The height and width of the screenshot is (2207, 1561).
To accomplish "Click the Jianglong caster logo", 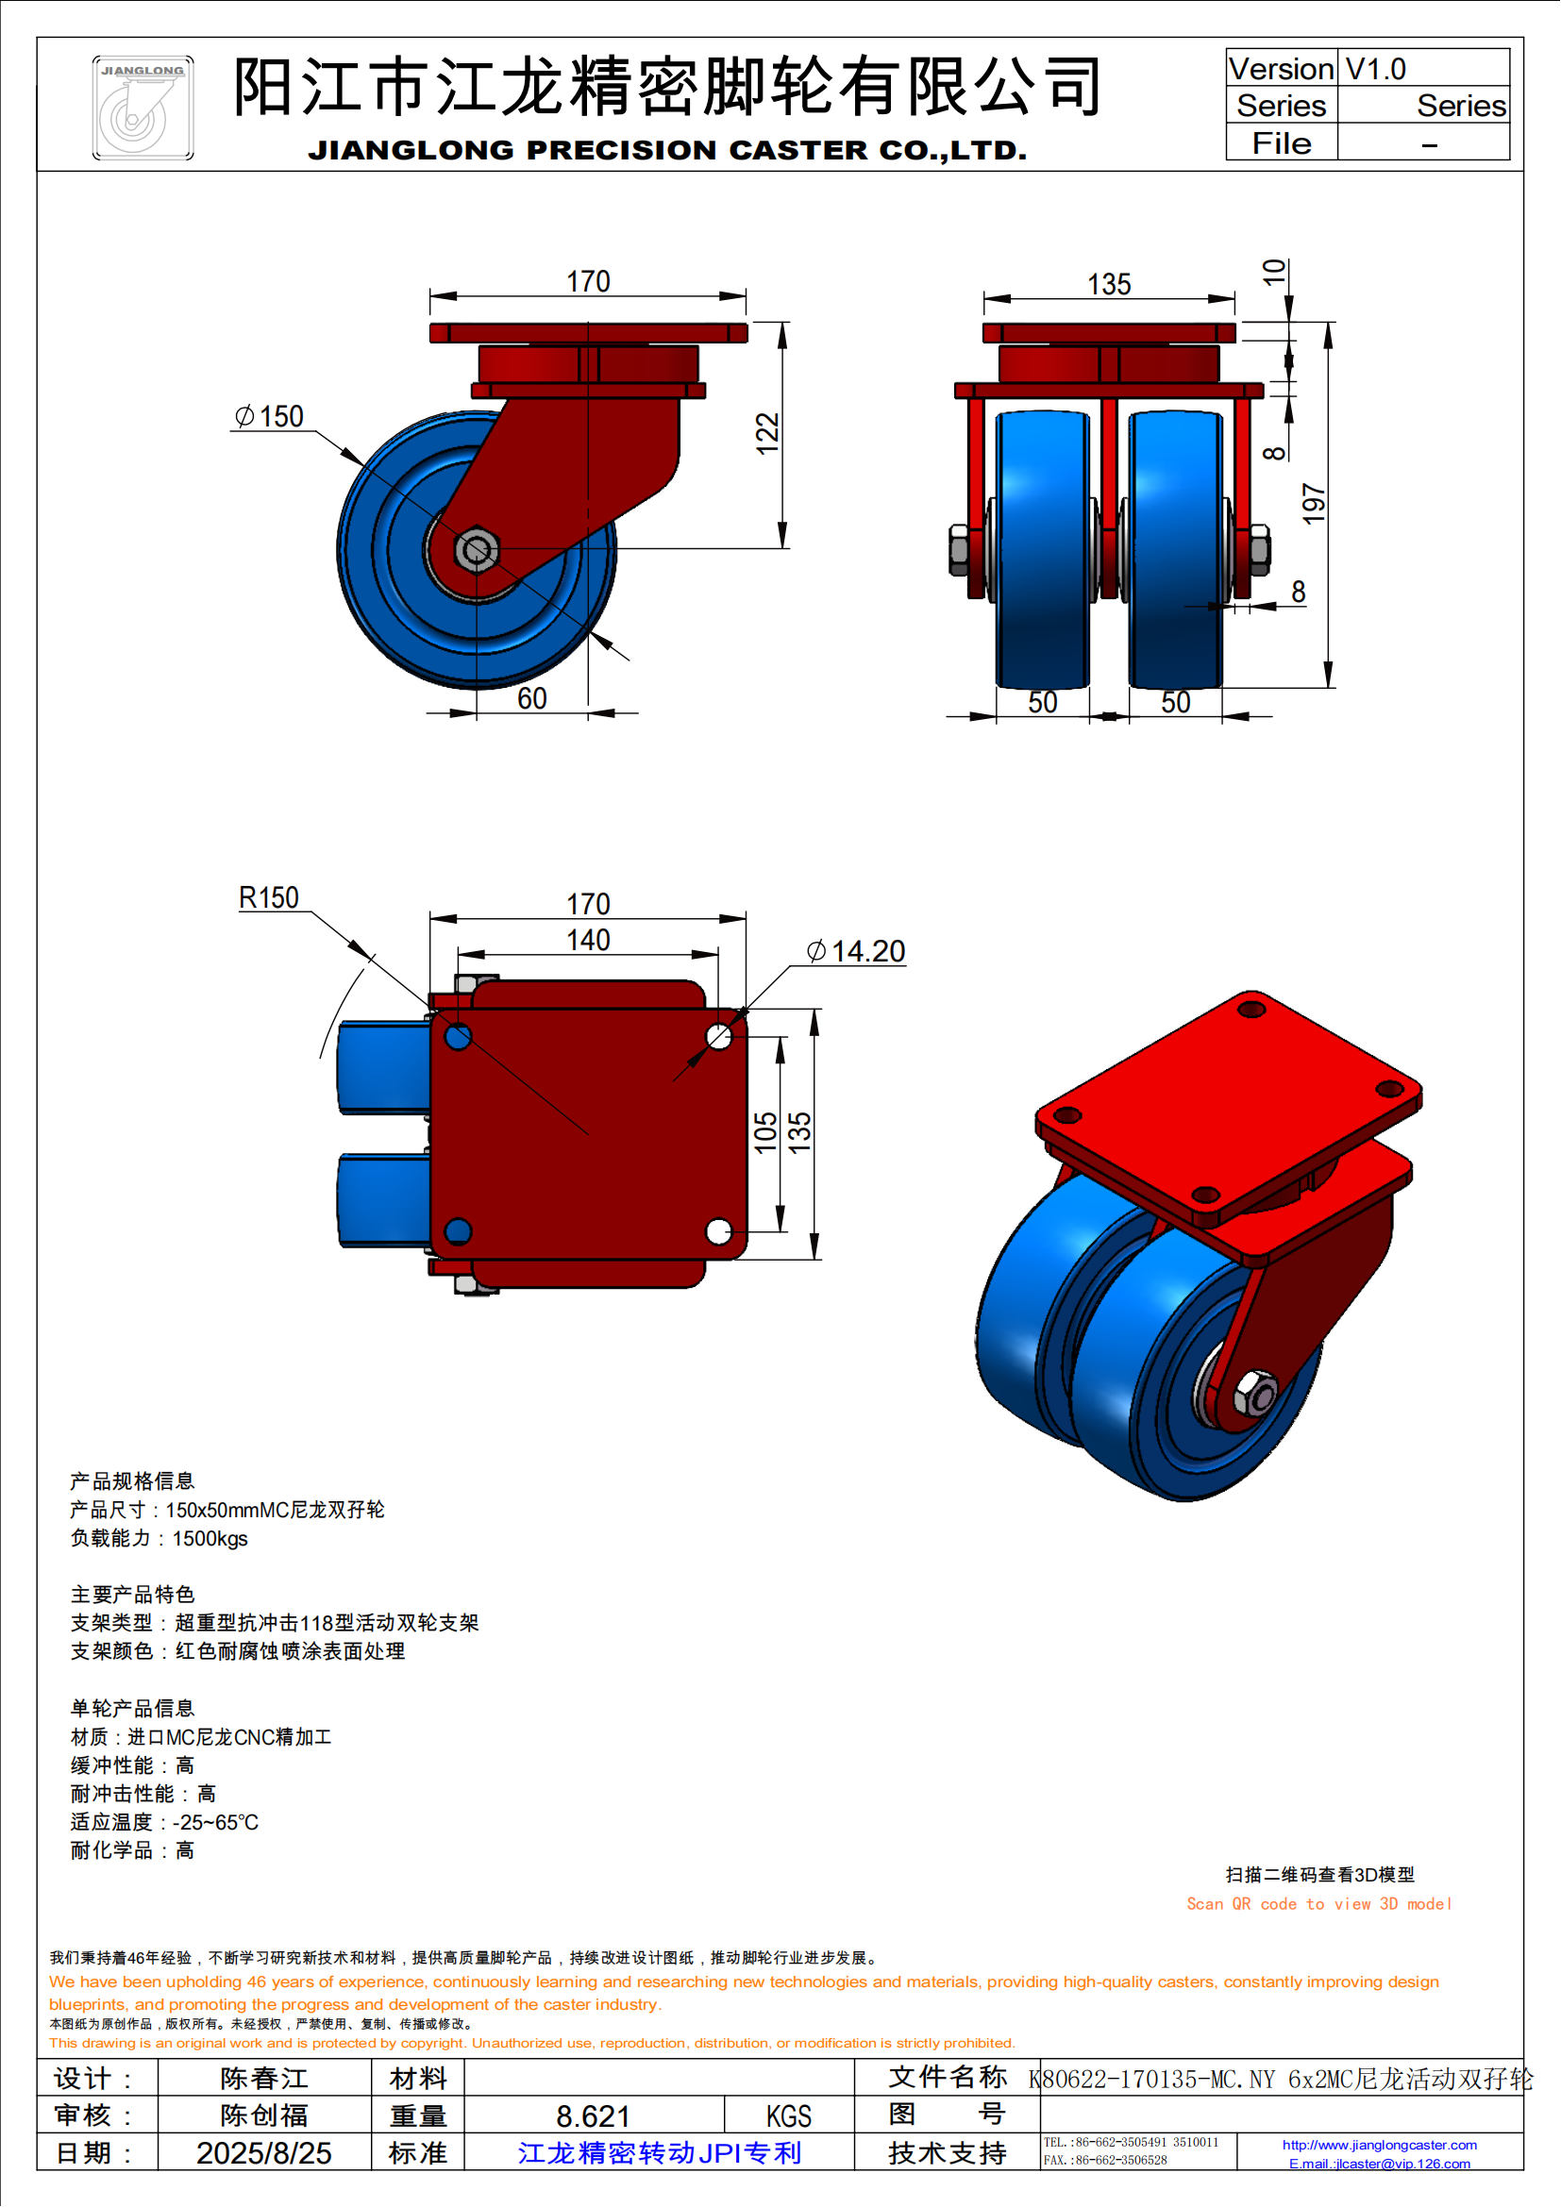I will pyautogui.click(x=143, y=108).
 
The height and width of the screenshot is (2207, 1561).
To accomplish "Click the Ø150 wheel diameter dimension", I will pyautogui.click(x=270, y=416).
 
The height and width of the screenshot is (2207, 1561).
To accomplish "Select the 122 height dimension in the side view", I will pyautogui.click(x=766, y=433).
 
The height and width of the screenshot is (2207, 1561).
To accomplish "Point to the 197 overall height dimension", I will pyautogui.click(x=1313, y=505).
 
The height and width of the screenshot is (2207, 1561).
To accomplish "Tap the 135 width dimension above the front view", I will pyautogui.click(x=1108, y=285).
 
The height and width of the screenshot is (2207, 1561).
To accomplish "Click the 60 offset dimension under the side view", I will pyautogui.click(x=531, y=699).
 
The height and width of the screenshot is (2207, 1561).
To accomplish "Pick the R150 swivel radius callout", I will pyautogui.click(x=269, y=897).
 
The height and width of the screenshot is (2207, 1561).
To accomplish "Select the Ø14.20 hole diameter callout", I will pyautogui.click(x=855, y=952).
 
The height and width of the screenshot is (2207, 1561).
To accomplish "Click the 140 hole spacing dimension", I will pyautogui.click(x=587, y=940).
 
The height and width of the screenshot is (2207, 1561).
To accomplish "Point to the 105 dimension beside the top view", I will pyautogui.click(x=765, y=1132).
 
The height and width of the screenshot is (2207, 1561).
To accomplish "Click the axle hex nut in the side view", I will pyautogui.click(x=476, y=551).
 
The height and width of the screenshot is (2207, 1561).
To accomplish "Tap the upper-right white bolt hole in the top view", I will pyautogui.click(x=718, y=1036).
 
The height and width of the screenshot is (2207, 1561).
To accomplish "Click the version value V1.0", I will pyautogui.click(x=1375, y=69).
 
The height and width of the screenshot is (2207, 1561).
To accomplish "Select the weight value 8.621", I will pyautogui.click(x=593, y=2116).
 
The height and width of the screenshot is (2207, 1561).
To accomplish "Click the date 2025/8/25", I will pyautogui.click(x=263, y=2153).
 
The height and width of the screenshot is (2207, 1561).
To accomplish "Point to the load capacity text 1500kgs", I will pyautogui.click(x=210, y=1539).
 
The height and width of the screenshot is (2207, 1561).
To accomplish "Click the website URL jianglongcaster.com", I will pyautogui.click(x=1380, y=2145).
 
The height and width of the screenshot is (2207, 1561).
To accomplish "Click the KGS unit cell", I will pyautogui.click(x=788, y=2116).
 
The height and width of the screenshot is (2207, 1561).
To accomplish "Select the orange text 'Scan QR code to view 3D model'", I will pyautogui.click(x=1318, y=1904).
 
